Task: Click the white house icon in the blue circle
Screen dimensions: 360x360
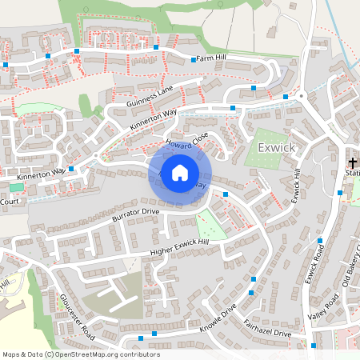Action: (x=180, y=172)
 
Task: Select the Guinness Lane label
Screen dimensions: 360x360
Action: (x=149, y=98)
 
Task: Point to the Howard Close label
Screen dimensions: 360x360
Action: (x=186, y=142)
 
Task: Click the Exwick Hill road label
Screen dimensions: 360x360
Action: (x=295, y=186)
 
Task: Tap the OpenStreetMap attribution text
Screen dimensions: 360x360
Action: (x=80, y=354)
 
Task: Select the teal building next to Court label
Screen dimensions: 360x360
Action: (x=16, y=187)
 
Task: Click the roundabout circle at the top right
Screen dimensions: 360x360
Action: (x=302, y=96)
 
